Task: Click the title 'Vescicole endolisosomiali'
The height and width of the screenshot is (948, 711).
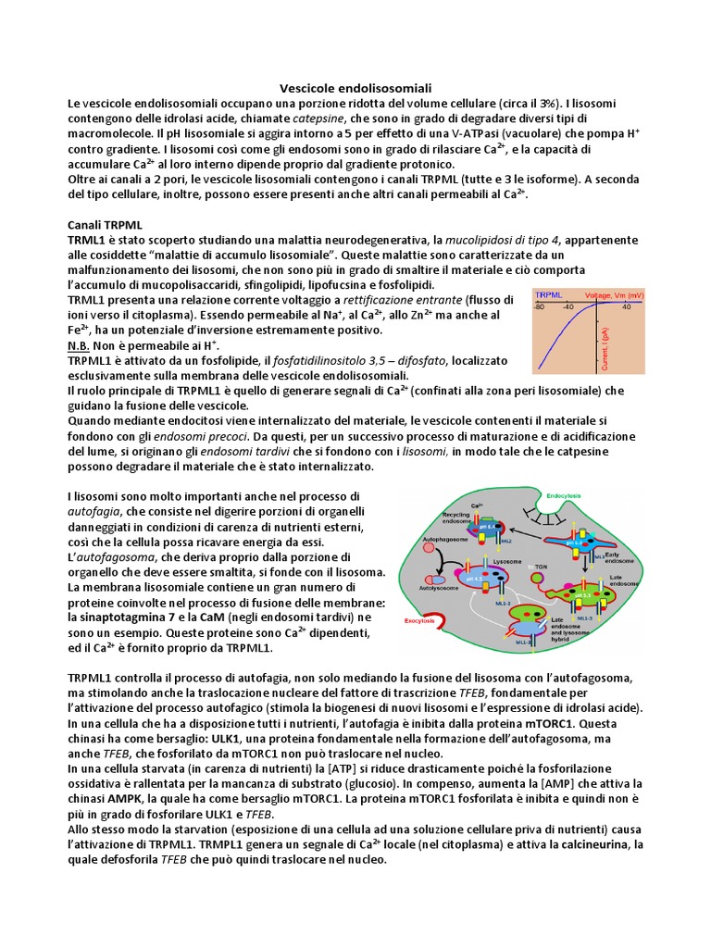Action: point(355,87)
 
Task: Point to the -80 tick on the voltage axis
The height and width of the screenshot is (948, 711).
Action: point(539,306)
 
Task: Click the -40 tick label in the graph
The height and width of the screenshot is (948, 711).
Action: point(567,306)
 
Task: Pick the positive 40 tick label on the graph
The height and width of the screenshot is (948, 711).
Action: point(626,306)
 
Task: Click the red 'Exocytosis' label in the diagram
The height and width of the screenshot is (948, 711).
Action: point(423,623)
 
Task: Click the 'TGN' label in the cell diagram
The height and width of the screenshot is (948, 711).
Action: point(540,566)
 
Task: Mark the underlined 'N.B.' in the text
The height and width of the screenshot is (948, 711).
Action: point(80,345)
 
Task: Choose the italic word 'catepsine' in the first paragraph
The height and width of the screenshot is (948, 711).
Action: point(319,119)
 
